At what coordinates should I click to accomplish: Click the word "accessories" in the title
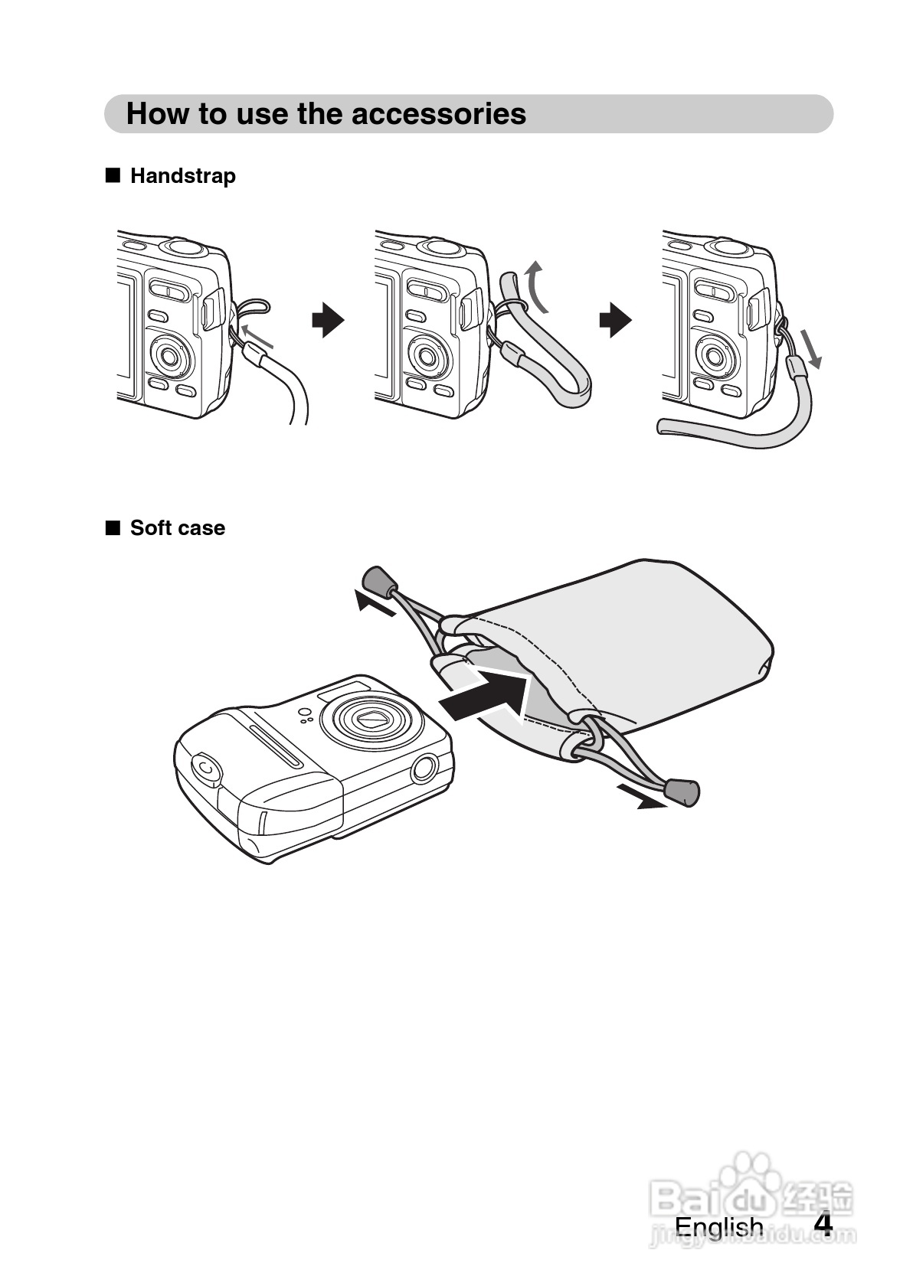point(439,113)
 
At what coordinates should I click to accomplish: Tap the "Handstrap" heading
point(182,176)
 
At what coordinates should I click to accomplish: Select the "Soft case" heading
point(177,528)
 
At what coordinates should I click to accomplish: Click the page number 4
point(823,1224)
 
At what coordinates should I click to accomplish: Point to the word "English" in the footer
point(718,1226)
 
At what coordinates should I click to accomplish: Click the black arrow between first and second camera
point(328,320)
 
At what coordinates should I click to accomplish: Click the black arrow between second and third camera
point(615,320)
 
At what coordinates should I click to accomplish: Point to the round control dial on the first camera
point(170,354)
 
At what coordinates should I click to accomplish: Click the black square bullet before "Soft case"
point(113,527)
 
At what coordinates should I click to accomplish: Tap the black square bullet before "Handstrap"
point(113,175)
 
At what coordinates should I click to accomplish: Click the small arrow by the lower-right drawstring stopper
point(642,798)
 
